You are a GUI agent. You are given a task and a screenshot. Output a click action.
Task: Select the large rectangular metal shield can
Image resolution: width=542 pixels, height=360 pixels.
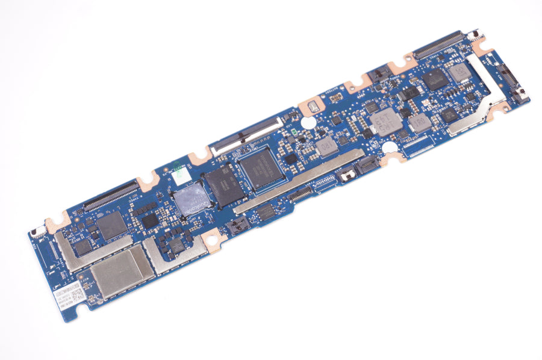pos(120,270)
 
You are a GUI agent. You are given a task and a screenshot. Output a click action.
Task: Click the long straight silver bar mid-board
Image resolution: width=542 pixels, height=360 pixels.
pos(299,181)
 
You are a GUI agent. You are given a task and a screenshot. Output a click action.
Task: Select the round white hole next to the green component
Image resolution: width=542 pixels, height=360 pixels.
pos(307,122)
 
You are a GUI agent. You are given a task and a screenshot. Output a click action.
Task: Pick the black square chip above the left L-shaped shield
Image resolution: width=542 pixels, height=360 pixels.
pos(112,225)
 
